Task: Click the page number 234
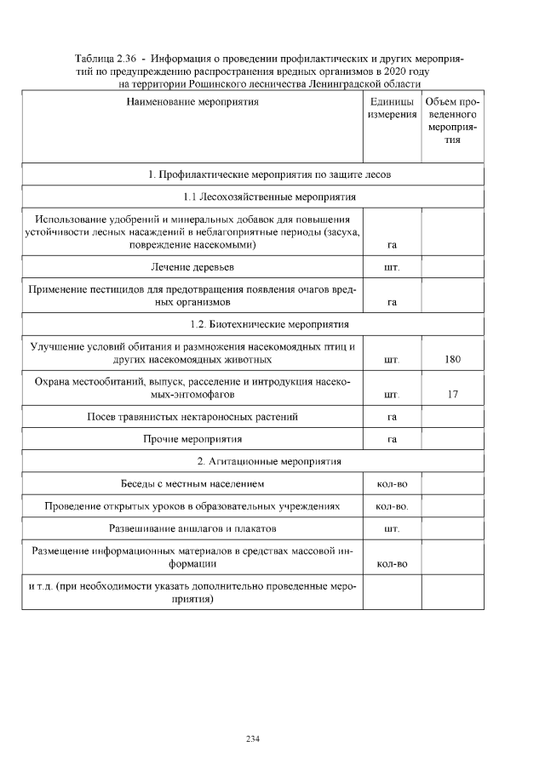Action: pyautogui.click(x=252, y=739)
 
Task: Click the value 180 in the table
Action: pyautogui.click(x=452, y=360)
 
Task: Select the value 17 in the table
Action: pyautogui.click(x=452, y=395)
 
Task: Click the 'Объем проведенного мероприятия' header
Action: pyautogui.click(x=452, y=121)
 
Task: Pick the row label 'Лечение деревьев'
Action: pyautogui.click(x=192, y=267)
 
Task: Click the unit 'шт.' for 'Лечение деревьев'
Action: pyautogui.click(x=392, y=267)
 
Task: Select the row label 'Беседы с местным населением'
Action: pyautogui.click(x=192, y=484)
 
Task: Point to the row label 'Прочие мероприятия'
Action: pyautogui.click(x=192, y=439)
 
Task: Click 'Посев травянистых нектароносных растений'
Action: pyautogui.click(x=192, y=417)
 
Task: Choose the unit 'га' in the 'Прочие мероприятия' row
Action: pyautogui.click(x=392, y=439)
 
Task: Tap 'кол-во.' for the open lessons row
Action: pyautogui.click(x=392, y=506)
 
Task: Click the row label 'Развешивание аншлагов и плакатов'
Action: pyautogui.click(x=192, y=528)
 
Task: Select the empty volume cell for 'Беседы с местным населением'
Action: pyautogui.click(x=452, y=484)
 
